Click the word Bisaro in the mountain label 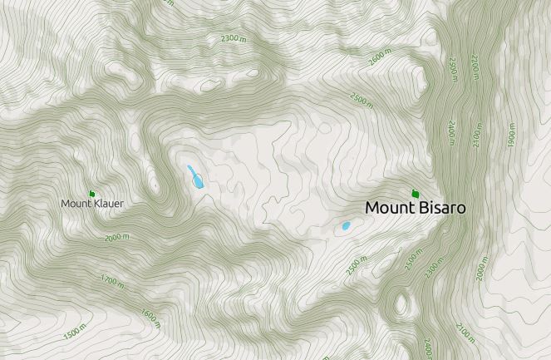click(x=438, y=208)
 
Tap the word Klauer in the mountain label click(x=108, y=203)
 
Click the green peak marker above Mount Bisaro click(x=415, y=194)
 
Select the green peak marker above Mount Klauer click(x=91, y=194)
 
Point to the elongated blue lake click(x=195, y=176)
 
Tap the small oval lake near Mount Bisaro click(x=346, y=226)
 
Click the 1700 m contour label click(x=111, y=281)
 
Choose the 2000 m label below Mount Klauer click(x=117, y=237)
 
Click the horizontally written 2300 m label click(x=234, y=38)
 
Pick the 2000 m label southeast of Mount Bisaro click(x=481, y=270)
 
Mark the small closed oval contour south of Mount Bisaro click(x=404, y=304)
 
